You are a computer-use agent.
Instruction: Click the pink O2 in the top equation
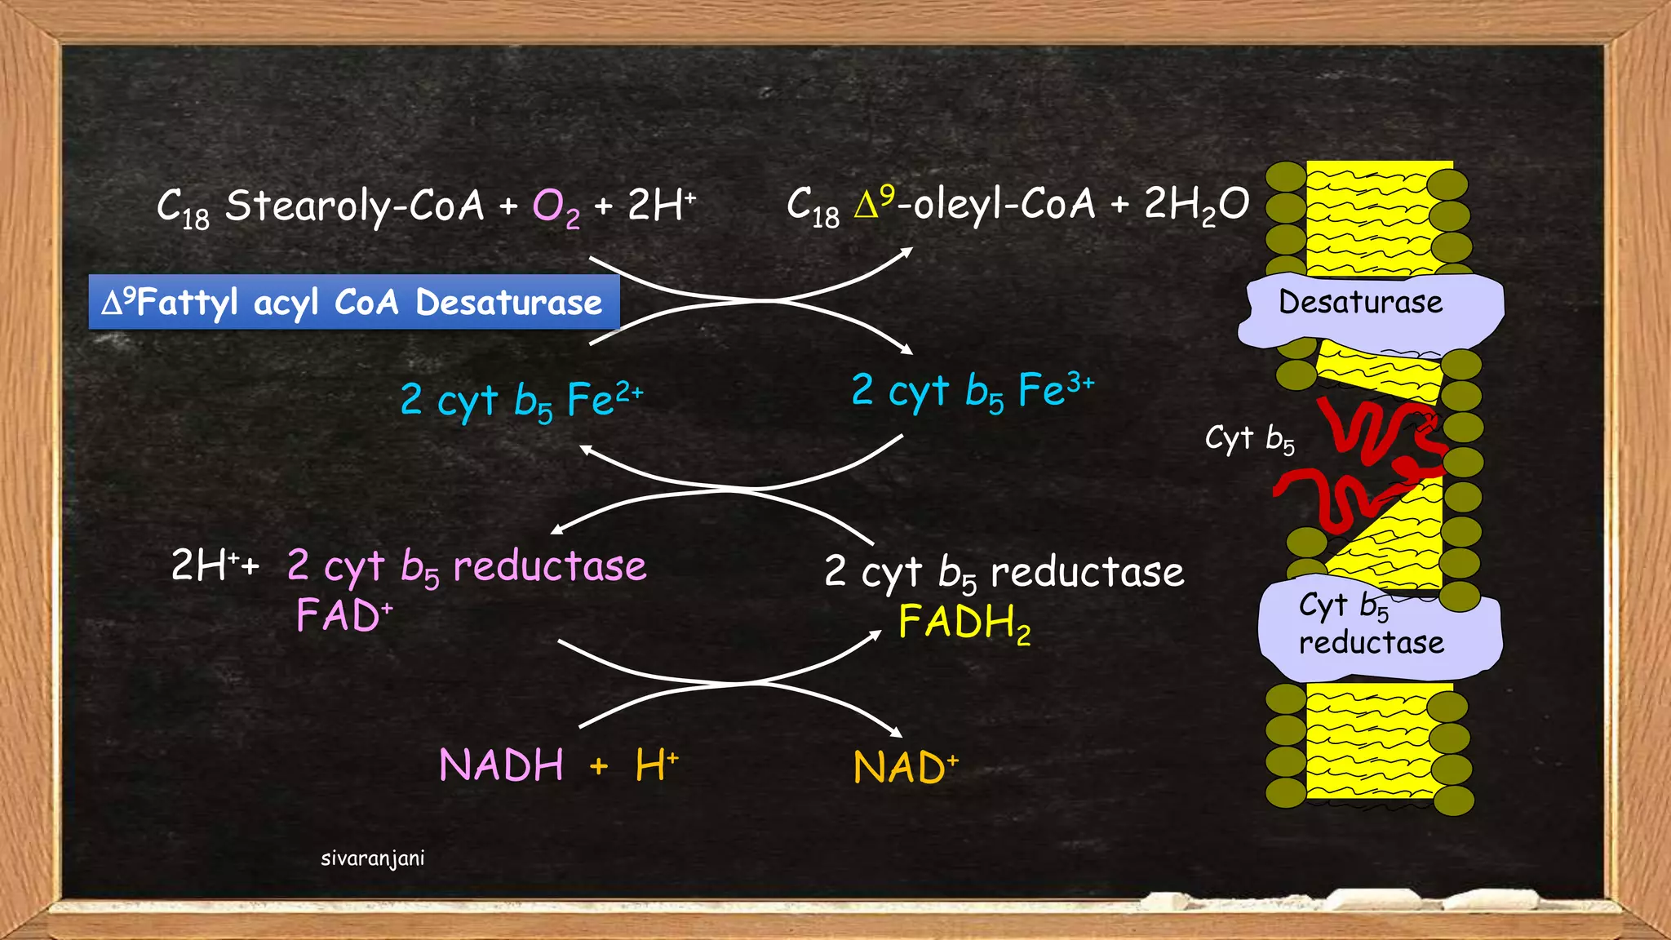[556, 207]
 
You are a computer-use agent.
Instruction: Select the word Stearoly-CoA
[355, 206]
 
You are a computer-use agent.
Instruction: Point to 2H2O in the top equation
[1196, 204]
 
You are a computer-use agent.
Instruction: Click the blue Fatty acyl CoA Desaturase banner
[353, 302]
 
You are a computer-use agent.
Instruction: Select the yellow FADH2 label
[964, 623]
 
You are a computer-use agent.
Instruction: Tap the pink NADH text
[501, 765]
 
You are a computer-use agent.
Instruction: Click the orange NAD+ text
[905, 767]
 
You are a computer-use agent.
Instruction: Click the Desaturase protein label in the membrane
[1360, 303]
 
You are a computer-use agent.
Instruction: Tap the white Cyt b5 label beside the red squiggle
[1249, 439]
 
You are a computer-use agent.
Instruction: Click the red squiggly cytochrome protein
[1371, 465]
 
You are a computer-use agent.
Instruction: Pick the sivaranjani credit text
[372, 858]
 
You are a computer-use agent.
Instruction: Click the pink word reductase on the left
[549, 566]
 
